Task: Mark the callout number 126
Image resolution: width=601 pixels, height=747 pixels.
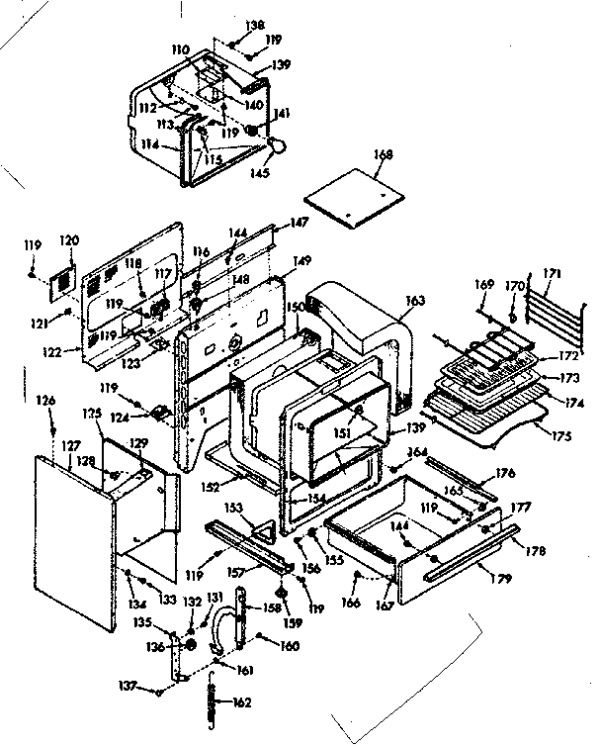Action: click(46, 401)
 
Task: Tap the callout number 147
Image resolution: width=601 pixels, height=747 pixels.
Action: click(298, 225)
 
